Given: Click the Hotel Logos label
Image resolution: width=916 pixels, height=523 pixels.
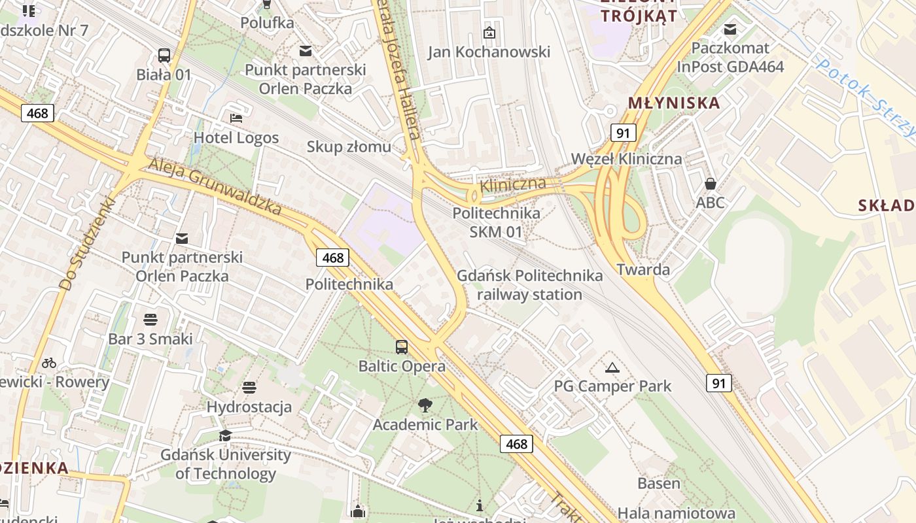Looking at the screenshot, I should (236, 138).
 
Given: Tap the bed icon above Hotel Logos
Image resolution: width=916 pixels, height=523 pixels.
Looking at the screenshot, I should (236, 118).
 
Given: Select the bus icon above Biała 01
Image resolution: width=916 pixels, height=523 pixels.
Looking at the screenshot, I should (164, 56).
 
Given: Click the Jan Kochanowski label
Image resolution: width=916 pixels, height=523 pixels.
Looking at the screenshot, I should (489, 52).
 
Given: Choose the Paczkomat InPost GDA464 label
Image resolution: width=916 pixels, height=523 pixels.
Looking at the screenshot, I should (730, 58).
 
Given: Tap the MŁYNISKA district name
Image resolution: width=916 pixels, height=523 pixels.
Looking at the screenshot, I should (673, 103).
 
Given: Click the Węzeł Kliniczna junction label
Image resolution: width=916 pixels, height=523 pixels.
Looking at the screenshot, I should (626, 159).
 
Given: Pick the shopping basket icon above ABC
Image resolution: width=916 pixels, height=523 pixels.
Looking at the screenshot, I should (710, 184).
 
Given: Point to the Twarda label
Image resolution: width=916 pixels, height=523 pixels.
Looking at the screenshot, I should (643, 269).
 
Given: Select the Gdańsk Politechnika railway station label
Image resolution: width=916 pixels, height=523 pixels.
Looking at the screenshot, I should (529, 285).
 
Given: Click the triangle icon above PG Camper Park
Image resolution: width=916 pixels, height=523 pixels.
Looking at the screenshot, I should (612, 367).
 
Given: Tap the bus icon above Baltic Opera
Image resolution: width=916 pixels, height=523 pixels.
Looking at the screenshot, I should (402, 347).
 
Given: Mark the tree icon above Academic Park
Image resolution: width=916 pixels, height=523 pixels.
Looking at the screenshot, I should (425, 406).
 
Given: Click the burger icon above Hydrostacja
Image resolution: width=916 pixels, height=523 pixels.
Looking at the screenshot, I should (249, 388).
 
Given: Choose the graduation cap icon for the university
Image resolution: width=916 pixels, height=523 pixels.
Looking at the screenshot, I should (226, 435).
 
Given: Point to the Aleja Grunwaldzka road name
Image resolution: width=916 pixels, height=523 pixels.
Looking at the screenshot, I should (215, 186).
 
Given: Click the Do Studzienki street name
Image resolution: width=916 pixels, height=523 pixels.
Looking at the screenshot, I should (86, 244).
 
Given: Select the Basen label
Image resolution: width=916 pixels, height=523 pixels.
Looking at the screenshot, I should (659, 484).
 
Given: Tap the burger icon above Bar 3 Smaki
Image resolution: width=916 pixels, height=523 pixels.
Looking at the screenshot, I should (150, 320).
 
